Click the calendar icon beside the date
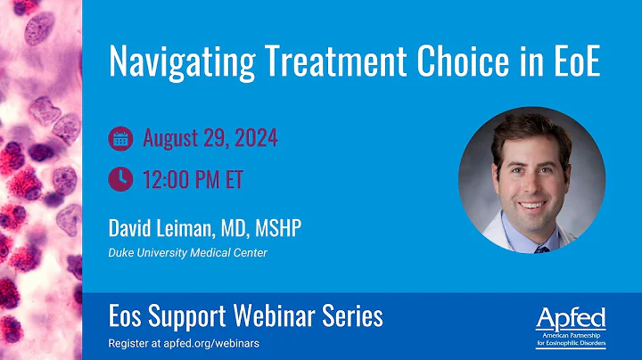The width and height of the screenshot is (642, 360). click(119, 139)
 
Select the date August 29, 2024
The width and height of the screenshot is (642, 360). click(210, 139)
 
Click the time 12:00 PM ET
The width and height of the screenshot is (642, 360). click(193, 180)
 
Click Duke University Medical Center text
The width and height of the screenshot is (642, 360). click(187, 253)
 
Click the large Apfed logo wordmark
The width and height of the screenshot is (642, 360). click(570, 317)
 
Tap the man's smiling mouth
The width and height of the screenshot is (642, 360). click(533, 206)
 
